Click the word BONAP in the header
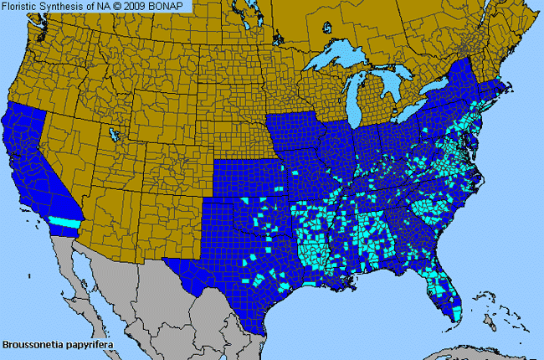tap(168, 7)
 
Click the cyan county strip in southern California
tap(62, 221)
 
